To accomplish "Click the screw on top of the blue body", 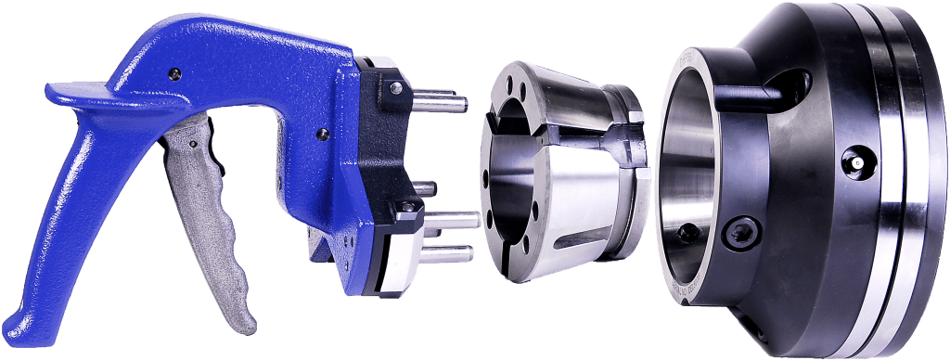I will point(173,71).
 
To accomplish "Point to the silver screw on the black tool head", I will point(396,87).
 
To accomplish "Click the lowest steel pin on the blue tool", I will point(455,251).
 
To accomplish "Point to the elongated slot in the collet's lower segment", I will point(598,243).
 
